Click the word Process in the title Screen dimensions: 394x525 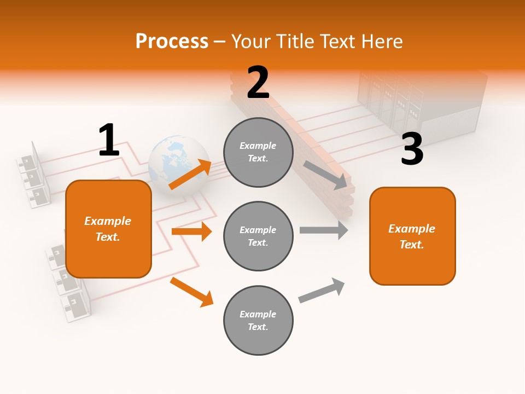(172, 42)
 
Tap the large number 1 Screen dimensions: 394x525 (109, 140)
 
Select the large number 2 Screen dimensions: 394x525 (258, 83)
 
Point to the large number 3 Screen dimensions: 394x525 (412, 149)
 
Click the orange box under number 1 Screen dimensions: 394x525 (108, 229)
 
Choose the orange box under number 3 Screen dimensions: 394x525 (412, 236)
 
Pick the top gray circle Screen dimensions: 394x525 (258, 152)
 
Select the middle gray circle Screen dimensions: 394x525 (258, 236)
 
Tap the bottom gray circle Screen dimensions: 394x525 (258, 320)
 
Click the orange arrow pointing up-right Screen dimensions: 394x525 (190, 175)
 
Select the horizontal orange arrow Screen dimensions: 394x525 (191, 231)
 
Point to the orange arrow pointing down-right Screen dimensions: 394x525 (191, 292)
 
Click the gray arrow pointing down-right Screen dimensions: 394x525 (325, 175)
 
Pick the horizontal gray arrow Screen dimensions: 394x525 (324, 230)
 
